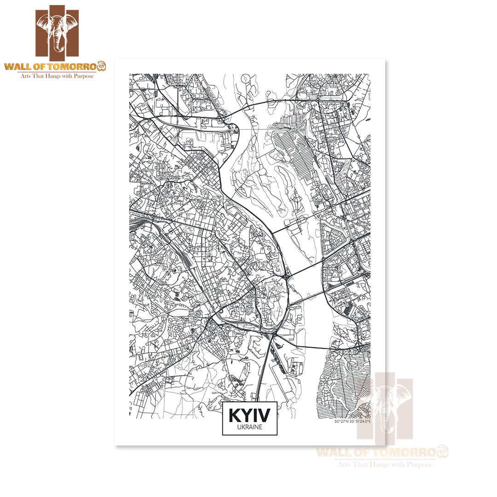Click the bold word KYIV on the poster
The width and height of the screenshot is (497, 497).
(x=249, y=416)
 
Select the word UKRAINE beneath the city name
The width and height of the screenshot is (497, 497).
(x=249, y=428)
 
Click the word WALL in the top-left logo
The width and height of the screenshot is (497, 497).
(x=17, y=66)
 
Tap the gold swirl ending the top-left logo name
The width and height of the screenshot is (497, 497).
(x=102, y=65)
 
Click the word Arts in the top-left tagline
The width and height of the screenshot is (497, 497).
(x=25, y=75)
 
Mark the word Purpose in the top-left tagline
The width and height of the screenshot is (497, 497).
(x=84, y=75)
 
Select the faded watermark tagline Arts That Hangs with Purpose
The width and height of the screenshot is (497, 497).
(x=385, y=465)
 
